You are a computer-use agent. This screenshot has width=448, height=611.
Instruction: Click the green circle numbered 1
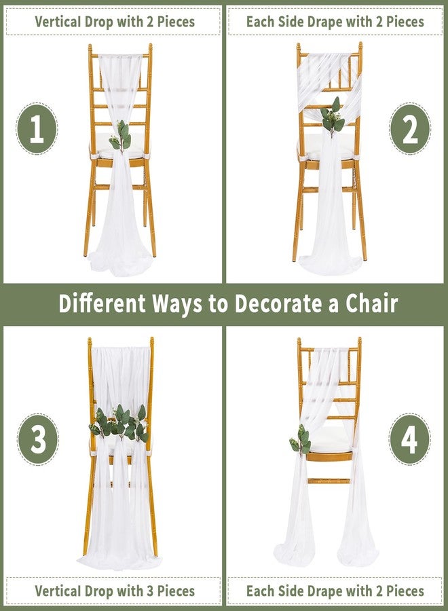point(37,129)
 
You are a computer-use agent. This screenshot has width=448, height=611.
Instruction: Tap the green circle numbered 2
point(409,129)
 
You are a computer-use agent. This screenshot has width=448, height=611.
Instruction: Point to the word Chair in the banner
point(374,303)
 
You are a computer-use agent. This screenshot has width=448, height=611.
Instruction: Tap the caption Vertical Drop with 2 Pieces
point(114,22)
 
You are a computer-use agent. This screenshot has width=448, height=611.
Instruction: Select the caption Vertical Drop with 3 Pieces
point(114,591)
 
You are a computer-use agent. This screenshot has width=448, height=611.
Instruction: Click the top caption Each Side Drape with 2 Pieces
point(335,22)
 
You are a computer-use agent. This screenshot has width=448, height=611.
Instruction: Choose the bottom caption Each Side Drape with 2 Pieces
point(335,591)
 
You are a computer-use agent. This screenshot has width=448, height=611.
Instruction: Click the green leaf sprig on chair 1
point(120,136)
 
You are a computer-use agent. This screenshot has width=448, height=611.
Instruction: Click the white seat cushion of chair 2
point(329,146)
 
